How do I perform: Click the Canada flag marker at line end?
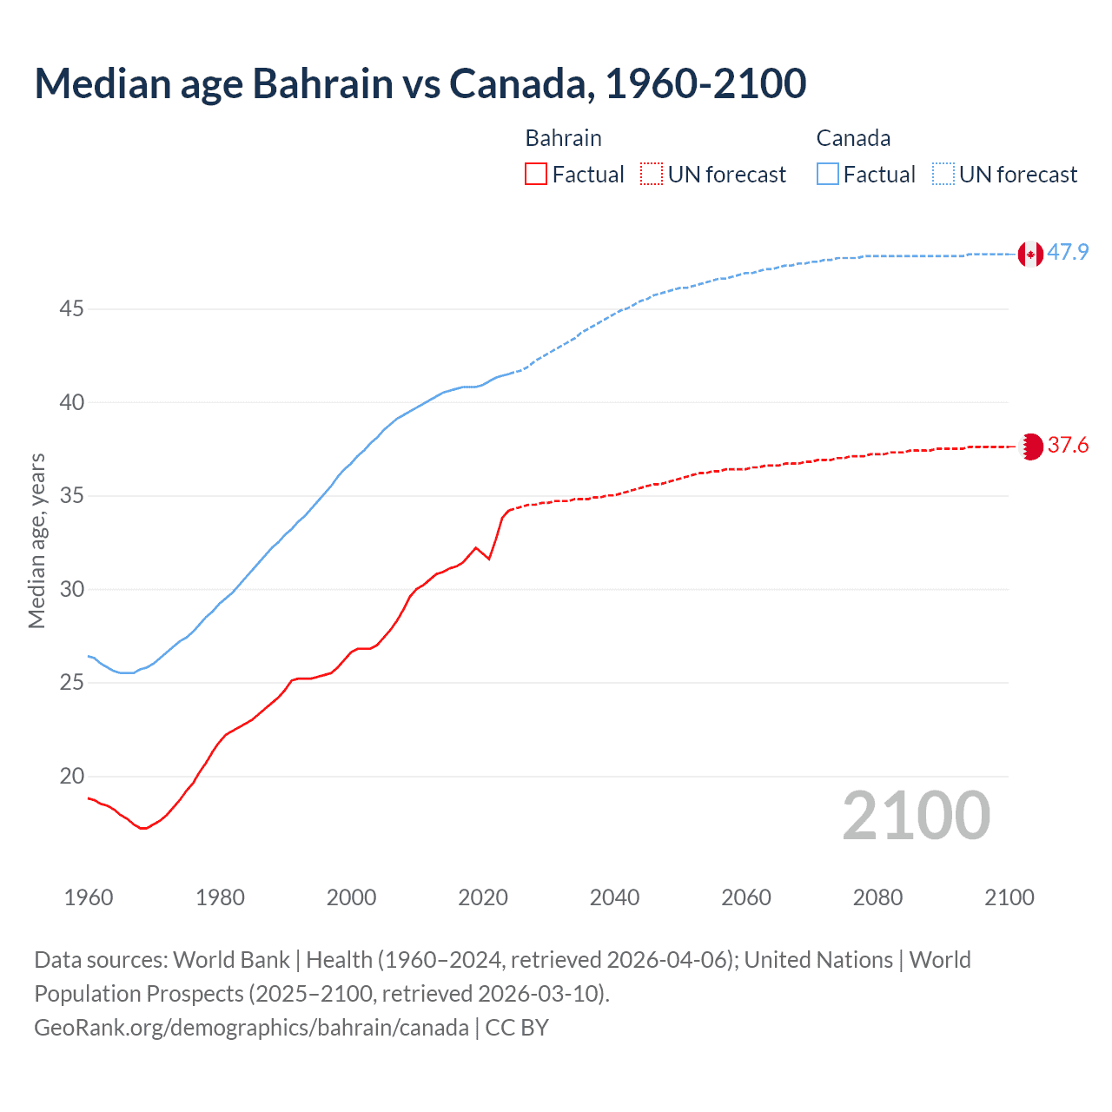click(x=1030, y=254)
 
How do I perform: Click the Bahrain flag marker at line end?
click(x=1030, y=447)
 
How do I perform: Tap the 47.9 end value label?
click(x=1068, y=253)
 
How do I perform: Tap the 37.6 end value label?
click(x=1068, y=446)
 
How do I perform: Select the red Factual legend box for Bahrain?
click(x=536, y=175)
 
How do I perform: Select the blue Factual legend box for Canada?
click(x=828, y=175)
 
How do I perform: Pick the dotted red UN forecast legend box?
click(x=652, y=175)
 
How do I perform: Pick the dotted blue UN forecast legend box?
click(x=943, y=175)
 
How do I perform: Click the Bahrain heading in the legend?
click(x=563, y=138)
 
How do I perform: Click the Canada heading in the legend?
click(x=853, y=138)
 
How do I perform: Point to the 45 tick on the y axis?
click(x=71, y=309)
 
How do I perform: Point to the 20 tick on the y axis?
click(x=71, y=777)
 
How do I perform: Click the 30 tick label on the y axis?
click(x=71, y=590)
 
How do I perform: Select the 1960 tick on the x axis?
click(x=89, y=897)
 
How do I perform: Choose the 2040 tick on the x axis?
click(x=614, y=897)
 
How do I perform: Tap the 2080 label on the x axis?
click(x=877, y=897)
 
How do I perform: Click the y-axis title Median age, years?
click(x=36, y=540)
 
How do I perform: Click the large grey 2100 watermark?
click(x=916, y=816)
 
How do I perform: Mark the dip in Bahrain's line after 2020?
click(x=489, y=559)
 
